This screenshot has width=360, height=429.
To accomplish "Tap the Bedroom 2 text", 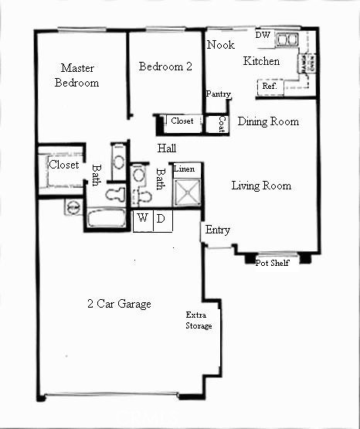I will coord(165,66).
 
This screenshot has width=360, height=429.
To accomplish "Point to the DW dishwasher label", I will coord(263,36).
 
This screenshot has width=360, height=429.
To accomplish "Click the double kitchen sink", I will coord(288,39).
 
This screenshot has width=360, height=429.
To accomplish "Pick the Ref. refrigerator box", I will coord(270,87).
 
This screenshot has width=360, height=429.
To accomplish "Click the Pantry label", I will coord(219,94).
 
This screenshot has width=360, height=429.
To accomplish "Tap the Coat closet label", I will coord(222,122).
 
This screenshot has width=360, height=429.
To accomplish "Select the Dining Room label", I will coord(268,121).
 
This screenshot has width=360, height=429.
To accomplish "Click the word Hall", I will coord(167,148).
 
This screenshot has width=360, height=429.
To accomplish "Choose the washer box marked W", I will coord(143,219).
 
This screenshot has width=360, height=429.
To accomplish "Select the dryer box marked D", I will coord(161,219).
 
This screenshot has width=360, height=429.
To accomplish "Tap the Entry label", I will coord(216,230).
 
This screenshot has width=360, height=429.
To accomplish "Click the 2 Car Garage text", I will coord(118,303).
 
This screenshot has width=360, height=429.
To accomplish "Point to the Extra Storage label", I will coord(199,320).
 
